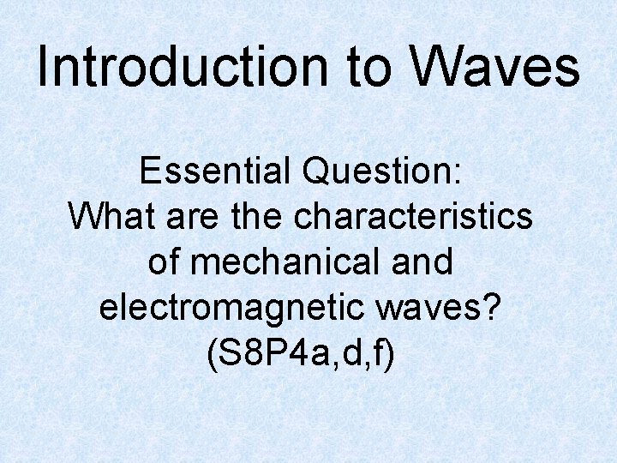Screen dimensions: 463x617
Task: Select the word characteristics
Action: (x=413, y=217)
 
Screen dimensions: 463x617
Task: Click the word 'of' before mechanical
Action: (x=163, y=262)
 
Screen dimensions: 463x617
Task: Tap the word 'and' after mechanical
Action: (x=420, y=262)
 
